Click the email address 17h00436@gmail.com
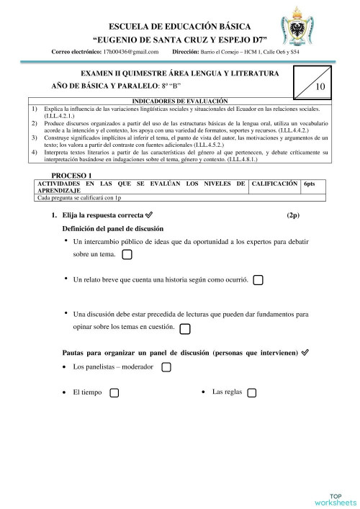130,53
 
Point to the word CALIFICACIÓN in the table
274,184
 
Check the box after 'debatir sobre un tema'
127,255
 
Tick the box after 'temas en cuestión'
185,328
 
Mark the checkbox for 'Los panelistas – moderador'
166,368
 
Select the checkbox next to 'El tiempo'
114,393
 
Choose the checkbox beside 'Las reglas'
253,392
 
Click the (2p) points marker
292,215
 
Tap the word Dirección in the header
192,53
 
